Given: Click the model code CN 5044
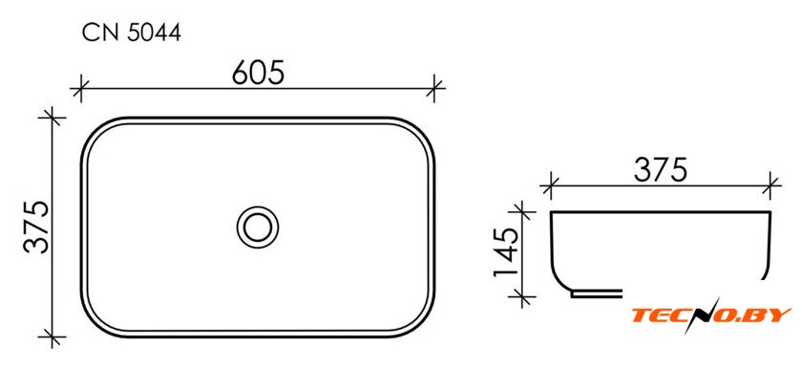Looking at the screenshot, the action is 132,33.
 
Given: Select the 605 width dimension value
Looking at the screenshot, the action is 257,72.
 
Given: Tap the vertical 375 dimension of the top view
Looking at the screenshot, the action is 37,227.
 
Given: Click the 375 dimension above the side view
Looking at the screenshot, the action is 660,170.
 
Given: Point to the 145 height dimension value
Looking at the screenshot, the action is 507,251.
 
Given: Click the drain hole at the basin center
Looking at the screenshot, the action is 257,227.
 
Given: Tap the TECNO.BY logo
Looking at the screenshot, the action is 710,314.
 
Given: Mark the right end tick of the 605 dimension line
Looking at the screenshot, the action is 434,88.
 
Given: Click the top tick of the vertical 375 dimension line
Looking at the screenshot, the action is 53,118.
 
